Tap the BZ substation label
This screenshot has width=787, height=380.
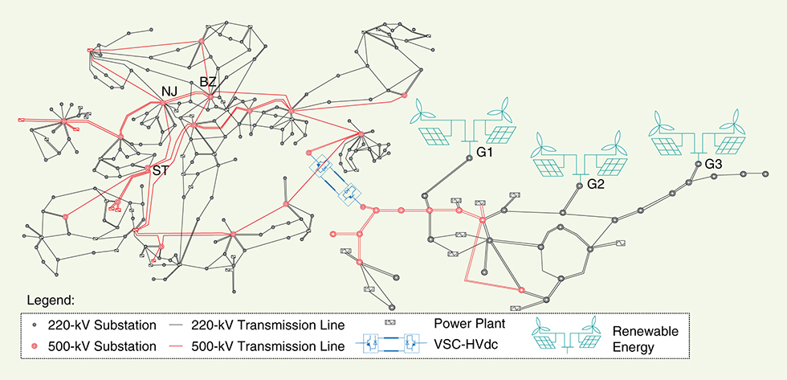[208, 83]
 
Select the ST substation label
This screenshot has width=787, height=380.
[160, 170]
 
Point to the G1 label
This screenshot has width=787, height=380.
[484, 151]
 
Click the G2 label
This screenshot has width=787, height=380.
[595, 184]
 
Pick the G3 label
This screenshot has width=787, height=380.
[714, 164]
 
